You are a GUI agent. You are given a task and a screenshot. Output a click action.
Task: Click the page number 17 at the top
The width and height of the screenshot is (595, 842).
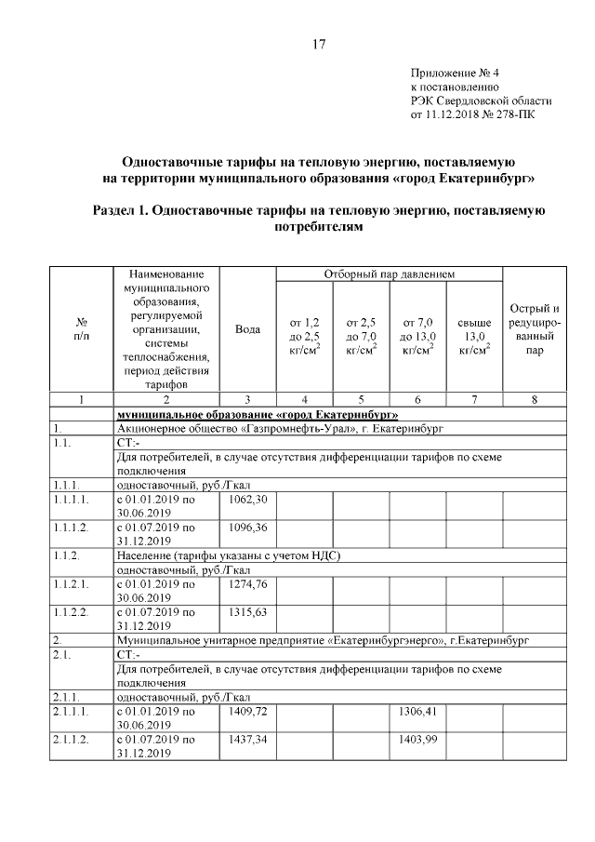318,44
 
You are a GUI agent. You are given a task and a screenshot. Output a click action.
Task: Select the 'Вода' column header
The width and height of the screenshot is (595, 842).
247,328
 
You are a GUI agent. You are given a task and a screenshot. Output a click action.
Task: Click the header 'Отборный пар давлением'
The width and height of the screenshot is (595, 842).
388,274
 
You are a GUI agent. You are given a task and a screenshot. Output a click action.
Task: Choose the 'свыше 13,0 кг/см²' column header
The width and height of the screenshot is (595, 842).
474,336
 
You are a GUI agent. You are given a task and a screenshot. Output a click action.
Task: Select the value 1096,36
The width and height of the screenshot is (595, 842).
247,527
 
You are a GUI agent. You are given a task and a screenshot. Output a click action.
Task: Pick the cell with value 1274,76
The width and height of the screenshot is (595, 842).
247,584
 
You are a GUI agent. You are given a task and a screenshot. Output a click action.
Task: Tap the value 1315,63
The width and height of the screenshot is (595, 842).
247,612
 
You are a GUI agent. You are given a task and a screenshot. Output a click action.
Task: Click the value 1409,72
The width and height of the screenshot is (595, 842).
247,712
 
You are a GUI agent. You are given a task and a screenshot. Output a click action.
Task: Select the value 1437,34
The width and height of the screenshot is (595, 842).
247,740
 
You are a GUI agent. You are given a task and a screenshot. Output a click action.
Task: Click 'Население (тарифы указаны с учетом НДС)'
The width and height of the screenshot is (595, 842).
228,555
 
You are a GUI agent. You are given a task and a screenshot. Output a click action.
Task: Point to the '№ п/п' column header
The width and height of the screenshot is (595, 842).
81,328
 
